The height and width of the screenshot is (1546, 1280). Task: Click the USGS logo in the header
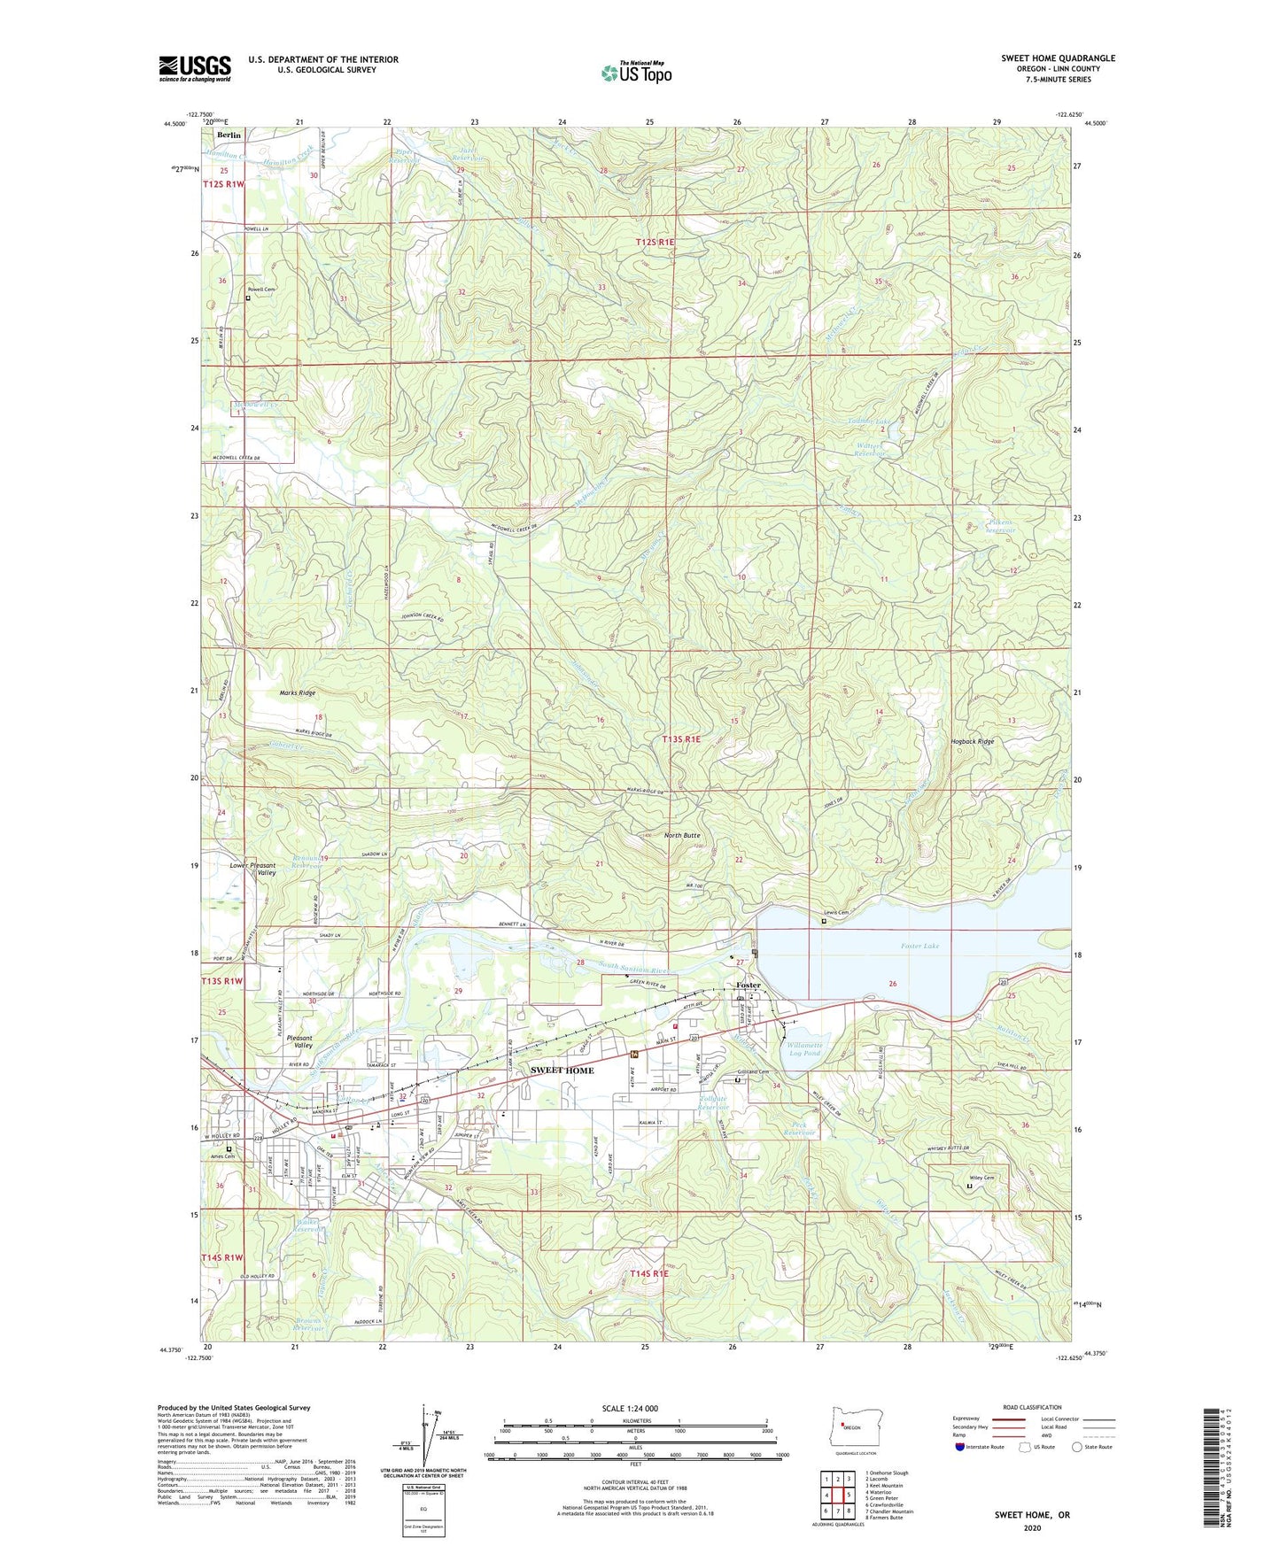tap(195, 68)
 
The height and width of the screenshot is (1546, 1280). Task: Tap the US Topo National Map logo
tap(636, 72)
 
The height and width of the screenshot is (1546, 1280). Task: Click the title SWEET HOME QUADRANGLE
tap(1058, 58)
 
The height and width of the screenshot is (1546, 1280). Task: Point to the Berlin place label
tap(229, 135)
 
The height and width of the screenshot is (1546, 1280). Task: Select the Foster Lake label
tap(919, 946)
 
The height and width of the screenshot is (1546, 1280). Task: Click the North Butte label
tap(682, 835)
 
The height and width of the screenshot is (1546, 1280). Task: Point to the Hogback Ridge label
tap(973, 741)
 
